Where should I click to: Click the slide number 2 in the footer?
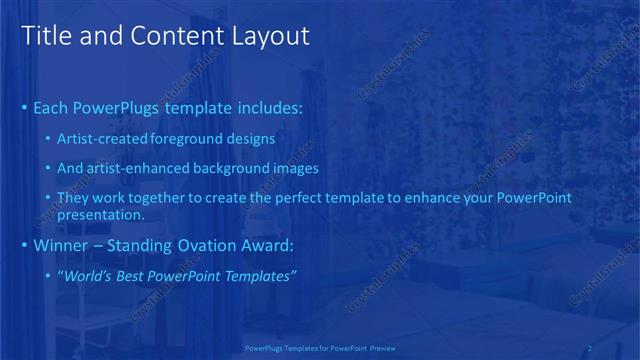pos(589,348)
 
